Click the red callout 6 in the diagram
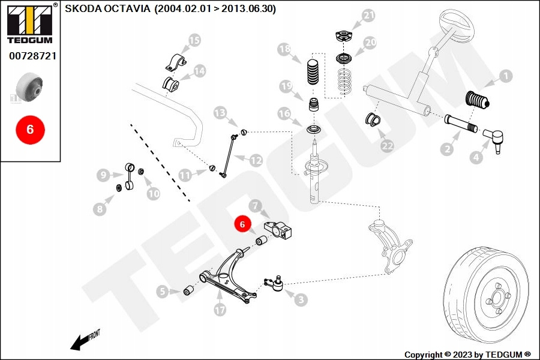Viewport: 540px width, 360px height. (x=242, y=224)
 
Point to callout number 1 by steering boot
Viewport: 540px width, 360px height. (x=505, y=76)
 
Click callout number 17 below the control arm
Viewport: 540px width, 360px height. (x=220, y=310)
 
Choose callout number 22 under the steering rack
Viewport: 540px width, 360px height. (x=387, y=145)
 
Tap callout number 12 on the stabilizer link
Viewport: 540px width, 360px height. (x=256, y=160)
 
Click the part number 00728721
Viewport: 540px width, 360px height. (x=31, y=56)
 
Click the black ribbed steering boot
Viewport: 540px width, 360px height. (x=478, y=100)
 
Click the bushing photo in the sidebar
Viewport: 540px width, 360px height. (x=30, y=88)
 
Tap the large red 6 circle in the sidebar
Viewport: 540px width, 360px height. (x=30, y=128)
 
